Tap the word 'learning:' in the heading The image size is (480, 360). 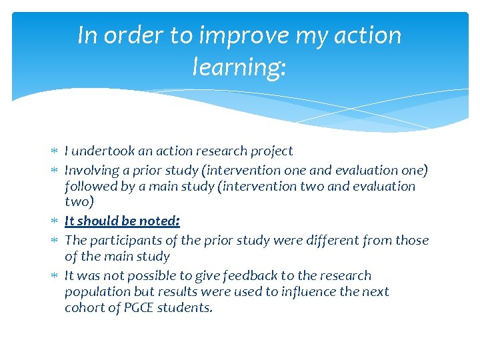click(239, 67)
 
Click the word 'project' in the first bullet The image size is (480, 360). click(270, 151)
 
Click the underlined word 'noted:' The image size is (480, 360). click(159, 221)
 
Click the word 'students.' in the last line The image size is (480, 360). click(187, 308)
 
